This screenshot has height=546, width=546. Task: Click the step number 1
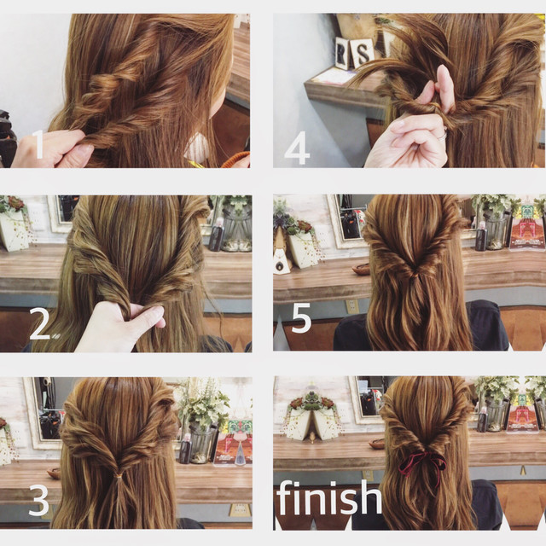click(x=38, y=143)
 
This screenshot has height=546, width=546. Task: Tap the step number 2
click(x=39, y=323)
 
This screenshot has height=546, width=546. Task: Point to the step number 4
click(x=297, y=148)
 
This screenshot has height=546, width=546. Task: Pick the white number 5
click(x=301, y=317)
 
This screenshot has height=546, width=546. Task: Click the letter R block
click(x=343, y=54)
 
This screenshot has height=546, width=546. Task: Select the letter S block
click(x=363, y=52)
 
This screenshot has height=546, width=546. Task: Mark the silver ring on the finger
click(x=442, y=136)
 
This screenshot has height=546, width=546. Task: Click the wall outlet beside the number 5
click(x=351, y=306)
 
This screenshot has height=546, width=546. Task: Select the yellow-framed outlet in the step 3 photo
click(x=241, y=510)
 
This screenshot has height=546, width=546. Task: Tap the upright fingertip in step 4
click(x=442, y=75)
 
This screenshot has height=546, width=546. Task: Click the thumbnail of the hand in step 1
click(x=83, y=150)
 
